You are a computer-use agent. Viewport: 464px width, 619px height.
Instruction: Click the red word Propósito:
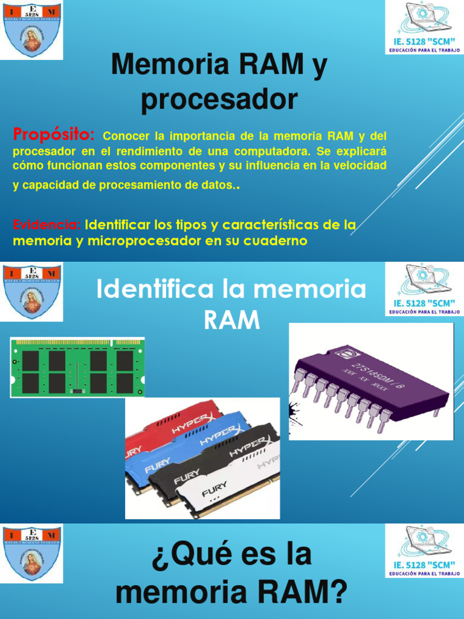pos(54,133)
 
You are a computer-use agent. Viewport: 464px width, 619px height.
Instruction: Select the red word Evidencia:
pos(47,225)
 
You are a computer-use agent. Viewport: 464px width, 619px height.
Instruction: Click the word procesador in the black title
pos(219,100)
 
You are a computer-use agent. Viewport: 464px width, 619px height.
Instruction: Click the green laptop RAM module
pos(77,368)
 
